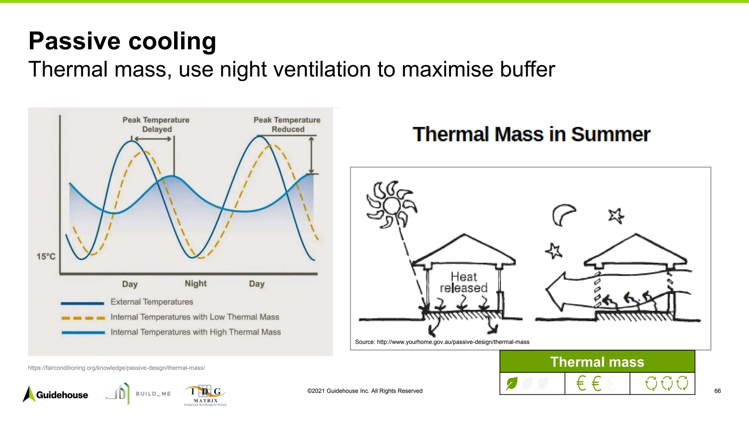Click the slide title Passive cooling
[x=122, y=41]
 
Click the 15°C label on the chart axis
[x=46, y=257]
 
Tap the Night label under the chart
[x=195, y=284]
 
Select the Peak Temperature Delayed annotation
[x=156, y=124]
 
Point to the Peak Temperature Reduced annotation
[x=287, y=124]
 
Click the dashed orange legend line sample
[x=83, y=318]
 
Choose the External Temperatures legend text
[x=152, y=302]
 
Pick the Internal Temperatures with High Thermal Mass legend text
[x=196, y=332]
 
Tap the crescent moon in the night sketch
[x=562, y=215]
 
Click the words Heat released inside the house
[x=463, y=282]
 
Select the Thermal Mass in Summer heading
[x=531, y=134]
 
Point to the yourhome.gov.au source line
[x=442, y=342]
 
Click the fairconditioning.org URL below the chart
[x=116, y=368]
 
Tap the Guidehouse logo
[x=56, y=395]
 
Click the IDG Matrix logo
[x=205, y=395]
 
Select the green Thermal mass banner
[x=597, y=362]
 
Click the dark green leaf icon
[x=512, y=383]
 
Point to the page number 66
[x=717, y=391]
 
